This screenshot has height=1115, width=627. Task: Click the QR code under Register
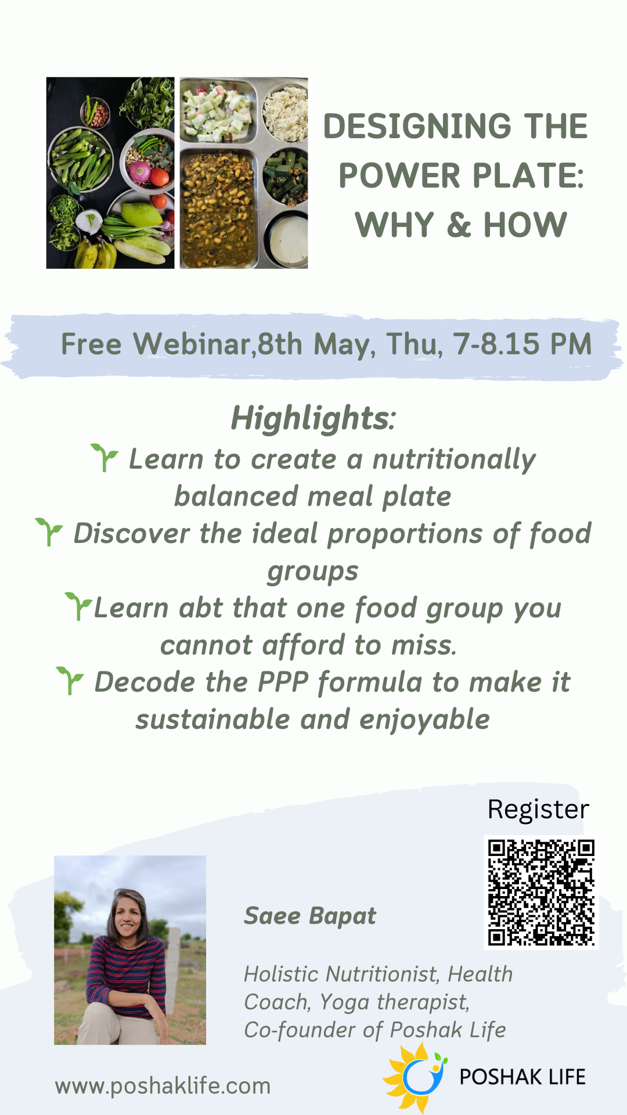click(541, 893)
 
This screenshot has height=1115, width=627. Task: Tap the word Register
click(538, 810)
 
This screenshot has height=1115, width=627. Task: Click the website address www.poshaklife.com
click(163, 1086)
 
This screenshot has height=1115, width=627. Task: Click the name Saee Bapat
click(310, 916)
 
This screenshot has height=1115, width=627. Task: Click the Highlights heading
click(313, 418)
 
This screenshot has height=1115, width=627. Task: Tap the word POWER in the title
click(401, 175)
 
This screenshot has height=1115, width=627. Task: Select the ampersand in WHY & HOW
click(459, 225)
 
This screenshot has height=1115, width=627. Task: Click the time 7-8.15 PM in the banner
click(522, 344)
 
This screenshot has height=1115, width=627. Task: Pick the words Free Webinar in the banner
click(156, 344)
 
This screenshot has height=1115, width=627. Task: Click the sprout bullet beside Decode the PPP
click(70, 681)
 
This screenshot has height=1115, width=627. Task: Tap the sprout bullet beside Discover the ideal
click(49, 532)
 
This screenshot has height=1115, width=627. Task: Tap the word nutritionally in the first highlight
click(454, 460)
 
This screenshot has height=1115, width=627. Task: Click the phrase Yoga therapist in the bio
click(394, 1002)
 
